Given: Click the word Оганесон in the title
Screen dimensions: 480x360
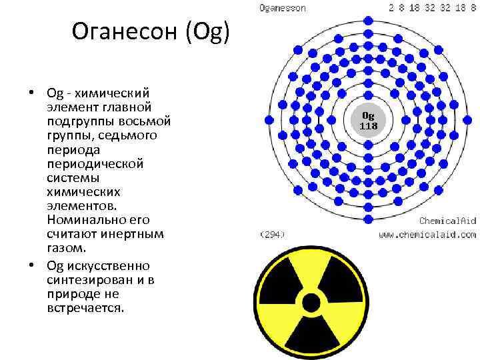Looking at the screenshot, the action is [125, 31].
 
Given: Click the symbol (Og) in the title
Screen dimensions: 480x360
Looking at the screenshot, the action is [207, 32].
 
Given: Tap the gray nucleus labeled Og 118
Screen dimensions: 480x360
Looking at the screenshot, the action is [368, 120].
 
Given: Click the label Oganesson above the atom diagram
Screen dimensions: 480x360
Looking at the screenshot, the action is [282, 7].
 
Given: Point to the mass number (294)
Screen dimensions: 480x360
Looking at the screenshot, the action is [272, 235].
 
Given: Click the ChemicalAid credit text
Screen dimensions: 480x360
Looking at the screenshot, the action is [447, 221].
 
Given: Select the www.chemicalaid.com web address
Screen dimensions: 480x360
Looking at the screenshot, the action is [427, 235].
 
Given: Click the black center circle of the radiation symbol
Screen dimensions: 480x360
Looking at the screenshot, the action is [311, 303].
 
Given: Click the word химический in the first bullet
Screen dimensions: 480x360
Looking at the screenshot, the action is [112, 93].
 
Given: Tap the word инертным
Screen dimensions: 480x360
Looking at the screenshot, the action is [132, 234].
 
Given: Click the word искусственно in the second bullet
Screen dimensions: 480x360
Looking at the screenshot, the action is [109, 266].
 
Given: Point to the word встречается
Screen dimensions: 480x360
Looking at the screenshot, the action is [85, 308].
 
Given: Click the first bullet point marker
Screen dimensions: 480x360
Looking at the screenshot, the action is [31, 92].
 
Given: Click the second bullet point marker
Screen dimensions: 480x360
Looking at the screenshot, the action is [31, 265].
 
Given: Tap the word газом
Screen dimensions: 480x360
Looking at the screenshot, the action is [67, 248].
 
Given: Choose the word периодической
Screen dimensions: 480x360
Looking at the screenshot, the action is [95, 165].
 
